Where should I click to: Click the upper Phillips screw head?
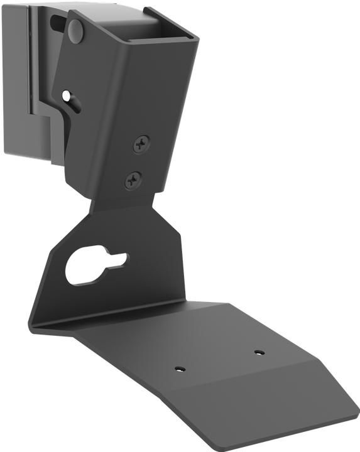click(x=141, y=145)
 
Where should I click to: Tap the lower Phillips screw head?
click(x=133, y=181)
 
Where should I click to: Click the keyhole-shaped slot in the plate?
click(x=94, y=266)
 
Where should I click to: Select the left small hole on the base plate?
click(x=180, y=369)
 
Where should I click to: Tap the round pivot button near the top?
click(x=75, y=30)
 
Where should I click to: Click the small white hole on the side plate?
click(x=67, y=96)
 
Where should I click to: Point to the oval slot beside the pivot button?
click(x=57, y=23)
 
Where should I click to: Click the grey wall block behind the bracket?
click(x=25, y=94)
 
